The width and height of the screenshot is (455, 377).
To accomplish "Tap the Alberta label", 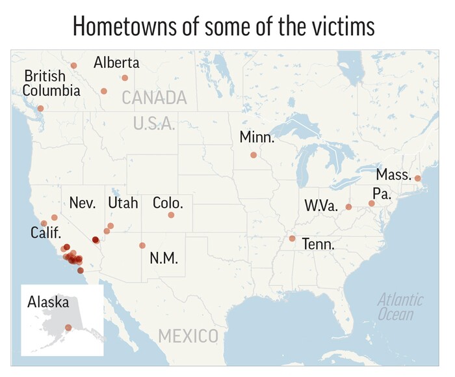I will pyautogui.click(x=116, y=63).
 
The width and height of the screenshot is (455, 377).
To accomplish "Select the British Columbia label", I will pyautogui.click(x=51, y=83).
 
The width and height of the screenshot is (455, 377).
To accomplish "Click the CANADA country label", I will pyautogui.click(x=154, y=98).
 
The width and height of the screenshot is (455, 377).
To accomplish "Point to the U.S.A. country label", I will pyautogui.click(x=154, y=123).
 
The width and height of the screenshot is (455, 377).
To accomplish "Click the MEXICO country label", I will pyautogui.click(x=188, y=337).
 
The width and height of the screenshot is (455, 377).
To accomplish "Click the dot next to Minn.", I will pyautogui.click(x=253, y=155).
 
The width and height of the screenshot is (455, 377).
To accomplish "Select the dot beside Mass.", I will pyautogui.click(x=417, y=178).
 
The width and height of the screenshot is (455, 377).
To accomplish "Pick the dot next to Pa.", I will pyautogui.click(x=371, y=203).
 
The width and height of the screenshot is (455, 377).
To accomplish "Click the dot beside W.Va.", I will pyautogui.click(x=348, y=207).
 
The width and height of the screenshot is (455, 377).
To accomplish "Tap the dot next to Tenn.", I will pyautogui.click(x=292, y=238).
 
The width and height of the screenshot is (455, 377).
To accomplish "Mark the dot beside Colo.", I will pyautogui.click(x=171, y=215).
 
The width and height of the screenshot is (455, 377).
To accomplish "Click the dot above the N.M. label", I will pyautogui.click(x=142, y=245).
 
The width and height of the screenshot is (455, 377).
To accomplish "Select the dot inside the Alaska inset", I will pyautogui.click(x=68, y=327).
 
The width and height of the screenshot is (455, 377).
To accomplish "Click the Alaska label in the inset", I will pyautogui.click(x=48, y=302).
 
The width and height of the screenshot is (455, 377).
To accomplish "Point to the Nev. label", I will pyautogui.click(x=83, y=202).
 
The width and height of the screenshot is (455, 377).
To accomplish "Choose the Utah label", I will pyautogui.click(x=123, y=202).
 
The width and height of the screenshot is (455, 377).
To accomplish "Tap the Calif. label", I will pyautogui.click(x=45, y=232).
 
